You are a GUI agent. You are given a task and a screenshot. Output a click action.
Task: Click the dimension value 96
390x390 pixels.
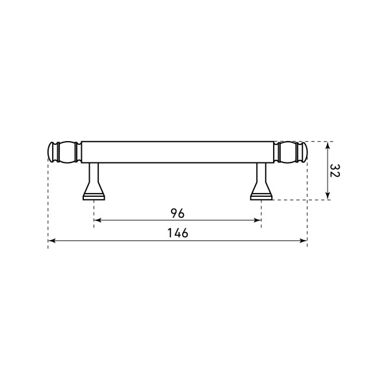[x=177, y=213]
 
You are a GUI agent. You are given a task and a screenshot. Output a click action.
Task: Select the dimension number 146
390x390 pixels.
[x=177, y=233]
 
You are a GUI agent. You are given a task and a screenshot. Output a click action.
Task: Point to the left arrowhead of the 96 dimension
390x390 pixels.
[x=97, y=221]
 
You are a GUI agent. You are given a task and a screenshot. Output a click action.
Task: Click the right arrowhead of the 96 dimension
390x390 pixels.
[x=258, y=221]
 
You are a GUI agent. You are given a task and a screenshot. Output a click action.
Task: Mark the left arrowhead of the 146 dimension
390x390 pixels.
[x=51, y=241]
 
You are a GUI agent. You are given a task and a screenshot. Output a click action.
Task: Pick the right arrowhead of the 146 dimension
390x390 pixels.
[x=304, y=241]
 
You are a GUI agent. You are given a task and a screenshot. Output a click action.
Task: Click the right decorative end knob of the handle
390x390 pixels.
[x=292, y=151]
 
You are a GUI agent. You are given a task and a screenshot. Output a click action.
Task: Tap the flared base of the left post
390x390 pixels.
[x=94, y=194]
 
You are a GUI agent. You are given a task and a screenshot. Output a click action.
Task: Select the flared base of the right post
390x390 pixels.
[x=261, y=194]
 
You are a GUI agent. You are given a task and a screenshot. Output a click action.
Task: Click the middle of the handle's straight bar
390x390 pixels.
[x=177, y=151]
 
